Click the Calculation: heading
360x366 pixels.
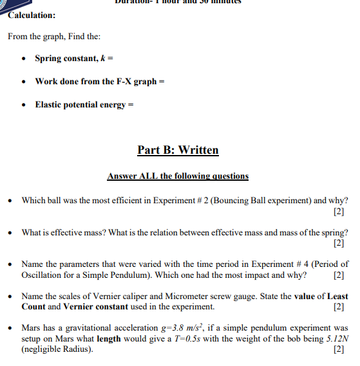click(32, 15)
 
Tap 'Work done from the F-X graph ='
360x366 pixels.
click(96, 82)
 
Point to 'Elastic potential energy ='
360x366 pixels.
click(84, 105)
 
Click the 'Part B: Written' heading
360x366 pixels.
click(178, 151)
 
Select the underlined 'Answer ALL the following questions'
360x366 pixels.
click(178, 176)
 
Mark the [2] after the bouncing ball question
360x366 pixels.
click(339, 212)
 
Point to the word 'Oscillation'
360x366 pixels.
click(42, 275)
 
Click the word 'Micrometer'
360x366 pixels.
click(202, 296)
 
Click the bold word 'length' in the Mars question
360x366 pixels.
click(109, 338)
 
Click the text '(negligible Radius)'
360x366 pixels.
click(57, 349)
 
